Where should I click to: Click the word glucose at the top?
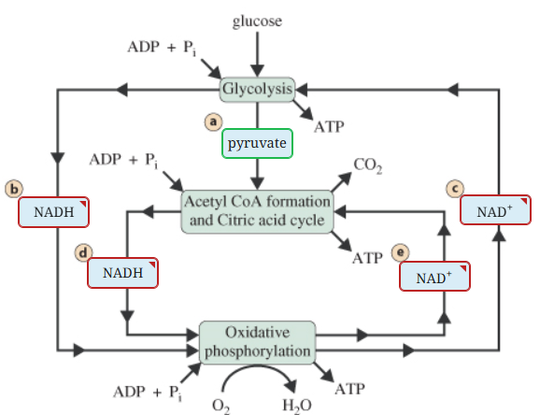(257, 21)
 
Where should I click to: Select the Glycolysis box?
(258, 90)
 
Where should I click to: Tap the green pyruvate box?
(257, 144)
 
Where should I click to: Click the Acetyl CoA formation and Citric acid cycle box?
(257, 211)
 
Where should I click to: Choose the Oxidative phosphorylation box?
(257, 342)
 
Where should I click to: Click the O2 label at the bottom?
(221, 405)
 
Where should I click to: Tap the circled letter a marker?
(214, 122)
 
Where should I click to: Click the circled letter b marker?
(15, 189)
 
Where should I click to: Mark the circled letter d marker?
(83, 253)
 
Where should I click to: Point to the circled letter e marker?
(403, 253)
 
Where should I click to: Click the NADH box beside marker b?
(54, 212)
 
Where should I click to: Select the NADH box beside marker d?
(122, 273)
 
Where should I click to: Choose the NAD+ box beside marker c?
(495, 210)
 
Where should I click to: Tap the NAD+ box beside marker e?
(433, 277)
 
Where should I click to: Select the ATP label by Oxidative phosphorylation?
(348, 387)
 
